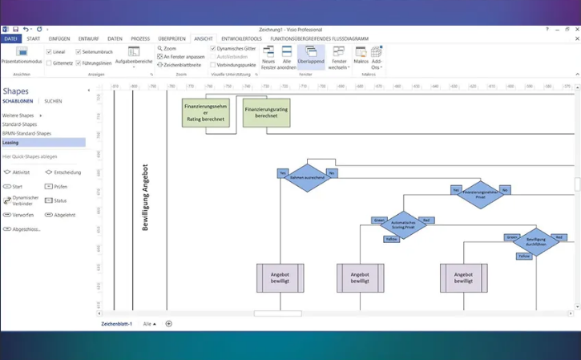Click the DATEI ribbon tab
point(10,38)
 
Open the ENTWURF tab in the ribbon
point(88,38)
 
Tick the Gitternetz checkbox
point(48,62)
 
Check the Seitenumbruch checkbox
point(78,51)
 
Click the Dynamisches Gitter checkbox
point(212,48)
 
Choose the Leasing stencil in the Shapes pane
point(10,142)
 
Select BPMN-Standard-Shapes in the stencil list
point(26,133)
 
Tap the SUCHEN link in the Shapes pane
point(53,102)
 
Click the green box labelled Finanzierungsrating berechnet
point(266,113)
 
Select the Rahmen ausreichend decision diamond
point(307,176)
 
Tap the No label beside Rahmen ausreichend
point(332,172)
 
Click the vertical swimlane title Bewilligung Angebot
point(145,197)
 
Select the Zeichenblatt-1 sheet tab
point(116,323)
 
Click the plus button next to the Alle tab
point(168,323)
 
